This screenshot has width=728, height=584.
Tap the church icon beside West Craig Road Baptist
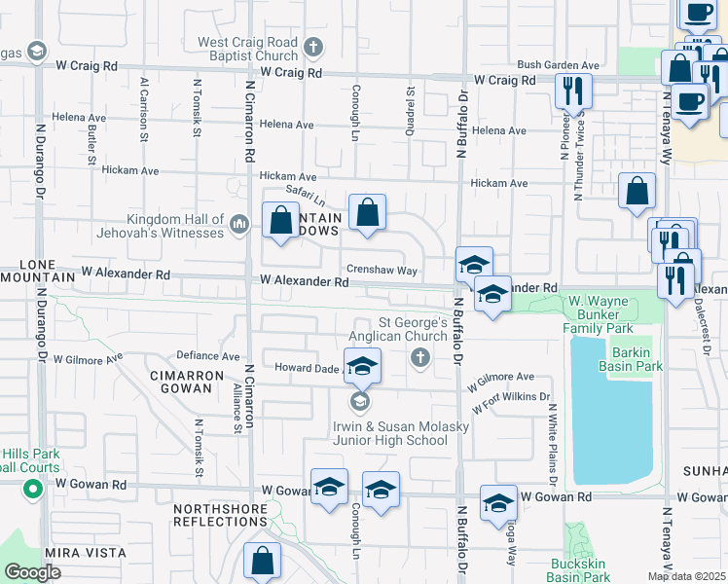coord(313,46)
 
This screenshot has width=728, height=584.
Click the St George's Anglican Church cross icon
coord(420,358)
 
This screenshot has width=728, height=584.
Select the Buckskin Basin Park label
coord(577,570)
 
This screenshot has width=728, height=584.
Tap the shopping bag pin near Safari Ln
coord(368,213)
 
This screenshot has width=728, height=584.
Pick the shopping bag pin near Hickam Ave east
coord(637,193)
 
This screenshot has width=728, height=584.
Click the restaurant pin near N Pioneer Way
coord(572,91)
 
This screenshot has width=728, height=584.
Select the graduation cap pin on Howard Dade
coord(362,366)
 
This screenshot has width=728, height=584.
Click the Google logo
coord(32,572)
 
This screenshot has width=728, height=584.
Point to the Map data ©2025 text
coord(687,576)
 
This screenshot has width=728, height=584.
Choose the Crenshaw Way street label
coord(382,271)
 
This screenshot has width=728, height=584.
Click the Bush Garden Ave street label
coord(557,64)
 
